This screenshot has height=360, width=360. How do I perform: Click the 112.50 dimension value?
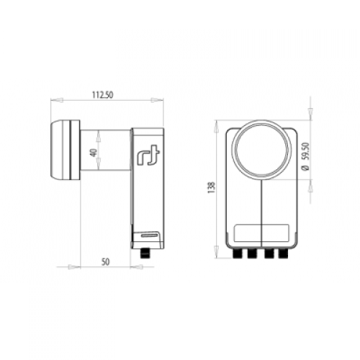click(102, 95)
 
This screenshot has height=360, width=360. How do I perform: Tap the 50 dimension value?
click(105, 262)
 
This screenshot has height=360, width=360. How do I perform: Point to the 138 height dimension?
click(212, 188)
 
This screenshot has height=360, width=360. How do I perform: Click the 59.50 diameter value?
click(305, 151)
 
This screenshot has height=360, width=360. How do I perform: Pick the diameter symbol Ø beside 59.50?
click(305, 168)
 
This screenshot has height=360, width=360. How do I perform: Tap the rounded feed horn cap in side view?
click(66, 150)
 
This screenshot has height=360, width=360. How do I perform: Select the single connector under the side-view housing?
click(145, 253)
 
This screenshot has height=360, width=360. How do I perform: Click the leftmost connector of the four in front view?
click(238, 253)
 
